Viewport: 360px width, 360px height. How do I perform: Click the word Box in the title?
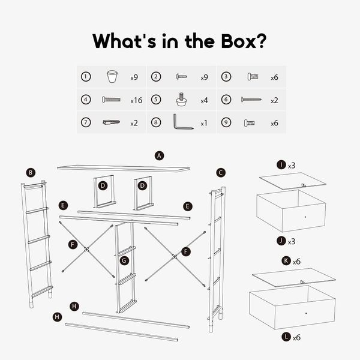coord(239,41)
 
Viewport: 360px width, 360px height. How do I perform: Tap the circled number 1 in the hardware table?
coord(86,77)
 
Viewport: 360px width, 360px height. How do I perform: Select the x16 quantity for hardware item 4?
coord(136,100)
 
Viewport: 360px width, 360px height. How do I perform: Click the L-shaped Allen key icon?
coord(183,122)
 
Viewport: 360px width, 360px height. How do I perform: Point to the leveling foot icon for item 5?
coord(181,99)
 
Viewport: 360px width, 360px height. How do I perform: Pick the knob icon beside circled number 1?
coord(112,76)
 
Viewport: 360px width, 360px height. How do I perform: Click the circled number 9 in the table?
coord(226,122)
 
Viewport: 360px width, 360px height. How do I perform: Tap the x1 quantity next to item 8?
coord(204,124)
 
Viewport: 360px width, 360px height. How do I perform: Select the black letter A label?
coord(160,156)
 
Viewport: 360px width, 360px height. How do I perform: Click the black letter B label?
coord(31,173)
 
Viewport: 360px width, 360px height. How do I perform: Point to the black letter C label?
coord(221,173)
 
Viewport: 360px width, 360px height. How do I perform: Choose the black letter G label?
coord(124,260)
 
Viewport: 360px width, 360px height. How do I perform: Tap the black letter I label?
coord(281,165)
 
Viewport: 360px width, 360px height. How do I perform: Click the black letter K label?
coord(286,261)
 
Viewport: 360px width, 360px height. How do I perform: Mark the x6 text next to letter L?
coord(296,337)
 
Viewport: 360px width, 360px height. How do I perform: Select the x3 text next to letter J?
coord(292,242)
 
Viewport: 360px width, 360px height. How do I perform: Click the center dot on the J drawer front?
coord(305,217)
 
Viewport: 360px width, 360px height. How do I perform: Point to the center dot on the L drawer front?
coord(306,313)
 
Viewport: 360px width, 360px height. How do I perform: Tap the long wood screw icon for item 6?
coord(251,100)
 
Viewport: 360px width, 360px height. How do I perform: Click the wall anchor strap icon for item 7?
coord(111,122)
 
